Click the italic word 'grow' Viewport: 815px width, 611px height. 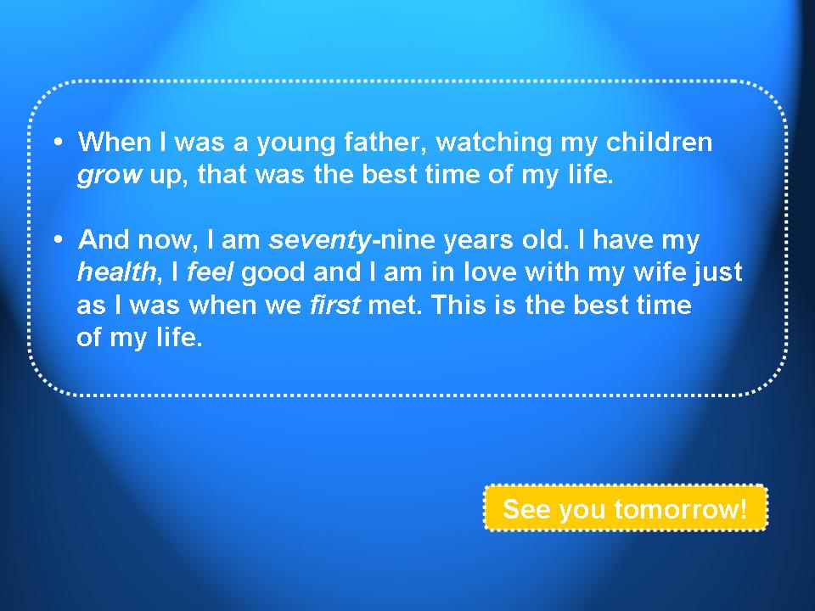point(110,175)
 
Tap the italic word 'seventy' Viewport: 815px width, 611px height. point(320,240)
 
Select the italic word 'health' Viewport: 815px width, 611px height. point(116,272)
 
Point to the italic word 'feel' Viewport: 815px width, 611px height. point(210,272)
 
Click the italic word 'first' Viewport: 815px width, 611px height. point(334,305)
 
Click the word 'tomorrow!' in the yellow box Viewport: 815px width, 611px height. point(681,508)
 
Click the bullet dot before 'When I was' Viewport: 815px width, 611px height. point(59,142)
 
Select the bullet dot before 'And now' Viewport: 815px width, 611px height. point(59,239)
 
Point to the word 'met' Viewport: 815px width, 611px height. point(395,305)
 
